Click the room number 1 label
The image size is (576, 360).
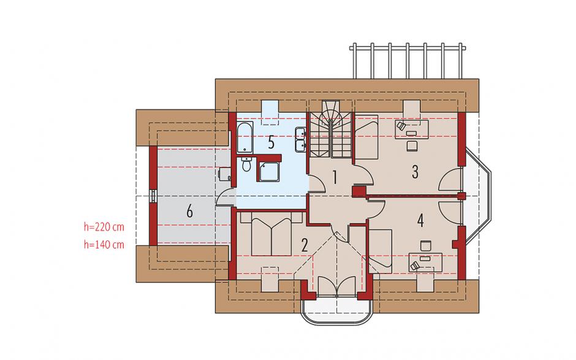335,177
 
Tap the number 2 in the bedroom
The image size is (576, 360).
304,245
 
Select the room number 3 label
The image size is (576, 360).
415,172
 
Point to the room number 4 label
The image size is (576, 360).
420,220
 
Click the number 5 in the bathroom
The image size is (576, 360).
271,142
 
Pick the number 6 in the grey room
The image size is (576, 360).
189,212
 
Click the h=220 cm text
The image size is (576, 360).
104,227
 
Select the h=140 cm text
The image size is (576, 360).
104,244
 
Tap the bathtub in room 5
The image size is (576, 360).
244,137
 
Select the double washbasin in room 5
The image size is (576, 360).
300,140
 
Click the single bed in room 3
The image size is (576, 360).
367,136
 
